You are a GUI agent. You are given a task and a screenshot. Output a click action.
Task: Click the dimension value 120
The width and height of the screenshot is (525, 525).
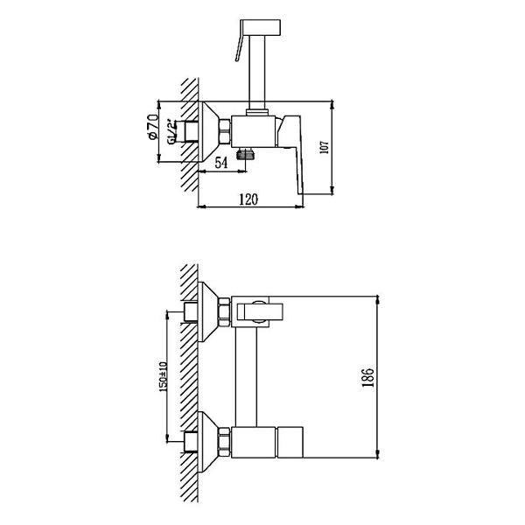248,199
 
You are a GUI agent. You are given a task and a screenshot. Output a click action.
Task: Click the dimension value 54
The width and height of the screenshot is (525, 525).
220,163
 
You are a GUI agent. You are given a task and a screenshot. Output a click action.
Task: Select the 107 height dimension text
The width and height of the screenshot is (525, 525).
325,147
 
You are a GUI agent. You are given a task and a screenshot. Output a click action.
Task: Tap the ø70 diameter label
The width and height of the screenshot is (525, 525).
152,127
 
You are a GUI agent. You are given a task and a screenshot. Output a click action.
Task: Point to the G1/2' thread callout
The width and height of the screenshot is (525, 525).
171,131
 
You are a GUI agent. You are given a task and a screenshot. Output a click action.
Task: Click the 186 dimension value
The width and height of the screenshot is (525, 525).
367,378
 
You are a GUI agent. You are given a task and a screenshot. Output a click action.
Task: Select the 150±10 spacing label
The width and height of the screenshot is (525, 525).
163,376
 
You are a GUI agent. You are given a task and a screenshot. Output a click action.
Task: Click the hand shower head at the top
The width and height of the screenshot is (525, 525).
261,27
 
